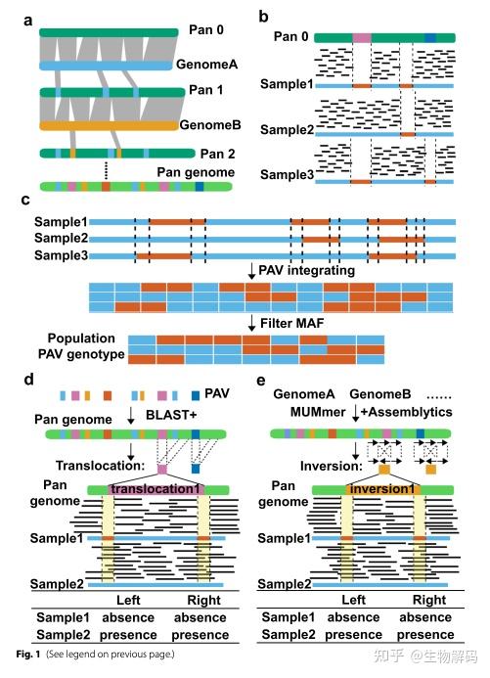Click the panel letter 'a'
point(28,21)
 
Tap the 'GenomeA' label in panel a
point(207,65)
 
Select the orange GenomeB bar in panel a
point(109,125)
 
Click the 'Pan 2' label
point(218,154)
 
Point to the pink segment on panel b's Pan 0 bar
point(362,37)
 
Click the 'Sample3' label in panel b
point(287,175)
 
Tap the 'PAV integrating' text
point(306,270)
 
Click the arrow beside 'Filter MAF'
point(251,323)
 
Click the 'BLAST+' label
point(171,415)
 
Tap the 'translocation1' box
point(156,489)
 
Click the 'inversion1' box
point(382,489)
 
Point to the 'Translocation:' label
point(100,466)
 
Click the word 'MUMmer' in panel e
point(318,412)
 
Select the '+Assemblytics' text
point(406,412)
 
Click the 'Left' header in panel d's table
point(128,600)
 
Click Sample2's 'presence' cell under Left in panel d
point(128,635)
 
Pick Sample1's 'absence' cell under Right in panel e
point(425,617)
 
